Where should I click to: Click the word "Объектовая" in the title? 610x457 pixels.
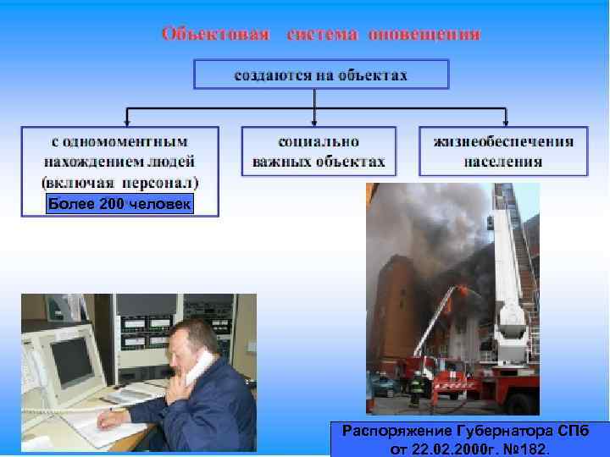point(215,35)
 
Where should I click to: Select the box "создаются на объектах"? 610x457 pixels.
point(320,75)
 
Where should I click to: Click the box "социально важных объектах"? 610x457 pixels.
point(319,151)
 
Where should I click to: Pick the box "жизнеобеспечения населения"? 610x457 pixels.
point(503,151)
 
